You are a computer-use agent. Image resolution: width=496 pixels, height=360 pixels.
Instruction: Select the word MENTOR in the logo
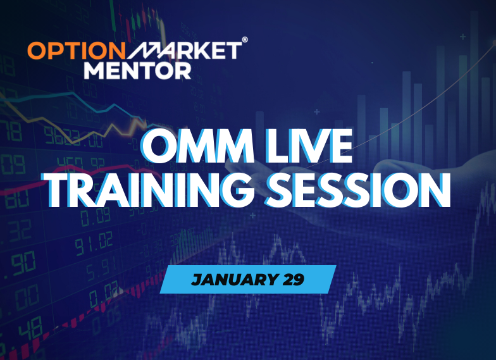(x=137, y=69)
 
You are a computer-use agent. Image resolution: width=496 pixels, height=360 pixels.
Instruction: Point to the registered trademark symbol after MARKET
(x=245, y=40)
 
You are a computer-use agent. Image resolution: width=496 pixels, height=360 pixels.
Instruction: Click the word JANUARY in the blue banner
(x=226, y=280)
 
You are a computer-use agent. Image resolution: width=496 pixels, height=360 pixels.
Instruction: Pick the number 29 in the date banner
(x=292, y=280)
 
